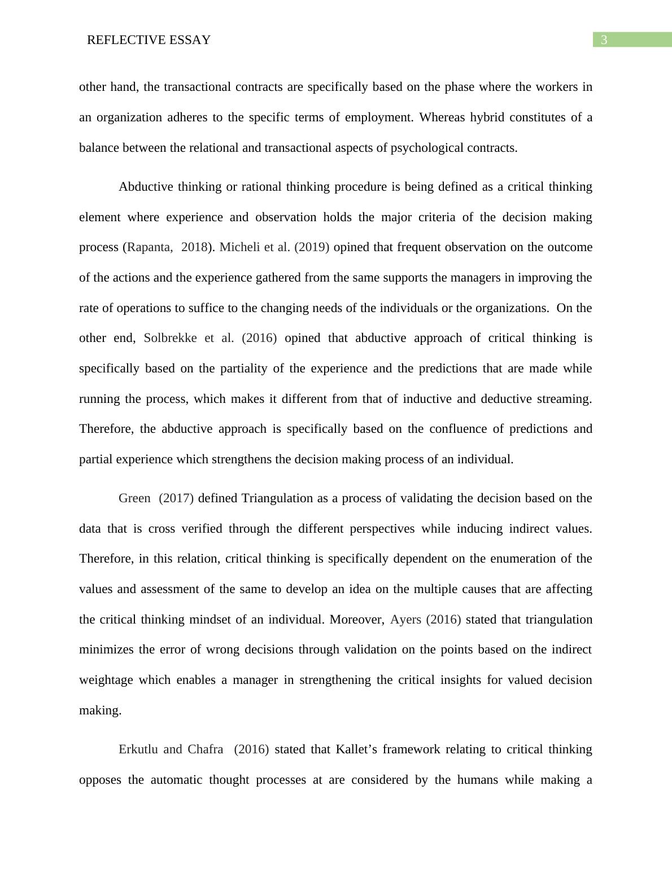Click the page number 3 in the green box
[x=604, y=40]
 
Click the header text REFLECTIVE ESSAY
[x=149, y=40]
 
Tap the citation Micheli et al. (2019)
[x=274, y=247]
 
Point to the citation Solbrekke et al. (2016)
[x=210, y=338]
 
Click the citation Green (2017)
[x=156, y=498]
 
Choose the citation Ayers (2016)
[x=425, y=620]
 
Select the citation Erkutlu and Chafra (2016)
[x=193, y=749]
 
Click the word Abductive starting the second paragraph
[x=146, y=187]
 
